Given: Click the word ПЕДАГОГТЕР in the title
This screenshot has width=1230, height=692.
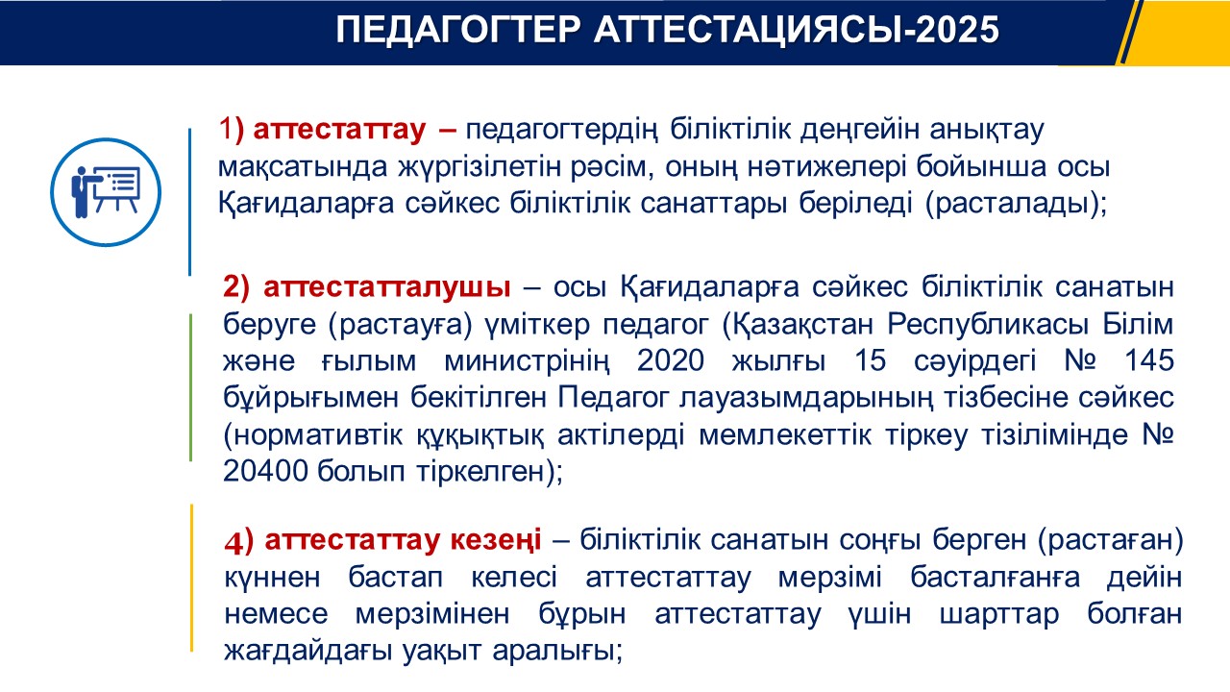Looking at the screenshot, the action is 458,30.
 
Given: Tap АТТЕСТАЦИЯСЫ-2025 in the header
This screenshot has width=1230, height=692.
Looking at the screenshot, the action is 797,30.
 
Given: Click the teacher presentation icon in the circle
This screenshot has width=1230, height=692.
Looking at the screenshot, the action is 106,191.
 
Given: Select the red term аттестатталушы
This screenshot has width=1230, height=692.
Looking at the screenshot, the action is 387,286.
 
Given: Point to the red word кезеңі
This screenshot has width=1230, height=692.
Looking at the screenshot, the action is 496,540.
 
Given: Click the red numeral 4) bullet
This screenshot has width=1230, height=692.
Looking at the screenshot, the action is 238,541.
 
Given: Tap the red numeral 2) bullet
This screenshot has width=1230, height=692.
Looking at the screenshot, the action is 236,287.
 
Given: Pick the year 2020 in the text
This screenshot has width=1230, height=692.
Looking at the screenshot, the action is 671,360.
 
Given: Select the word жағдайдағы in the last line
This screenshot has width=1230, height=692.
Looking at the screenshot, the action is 307,652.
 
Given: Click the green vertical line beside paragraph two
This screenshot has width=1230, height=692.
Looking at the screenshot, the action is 190,387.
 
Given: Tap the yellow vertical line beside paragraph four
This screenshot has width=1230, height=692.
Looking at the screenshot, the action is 191,578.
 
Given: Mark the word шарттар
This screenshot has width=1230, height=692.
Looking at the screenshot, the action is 998,614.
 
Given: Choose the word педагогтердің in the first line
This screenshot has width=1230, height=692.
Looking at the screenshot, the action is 562,131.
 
